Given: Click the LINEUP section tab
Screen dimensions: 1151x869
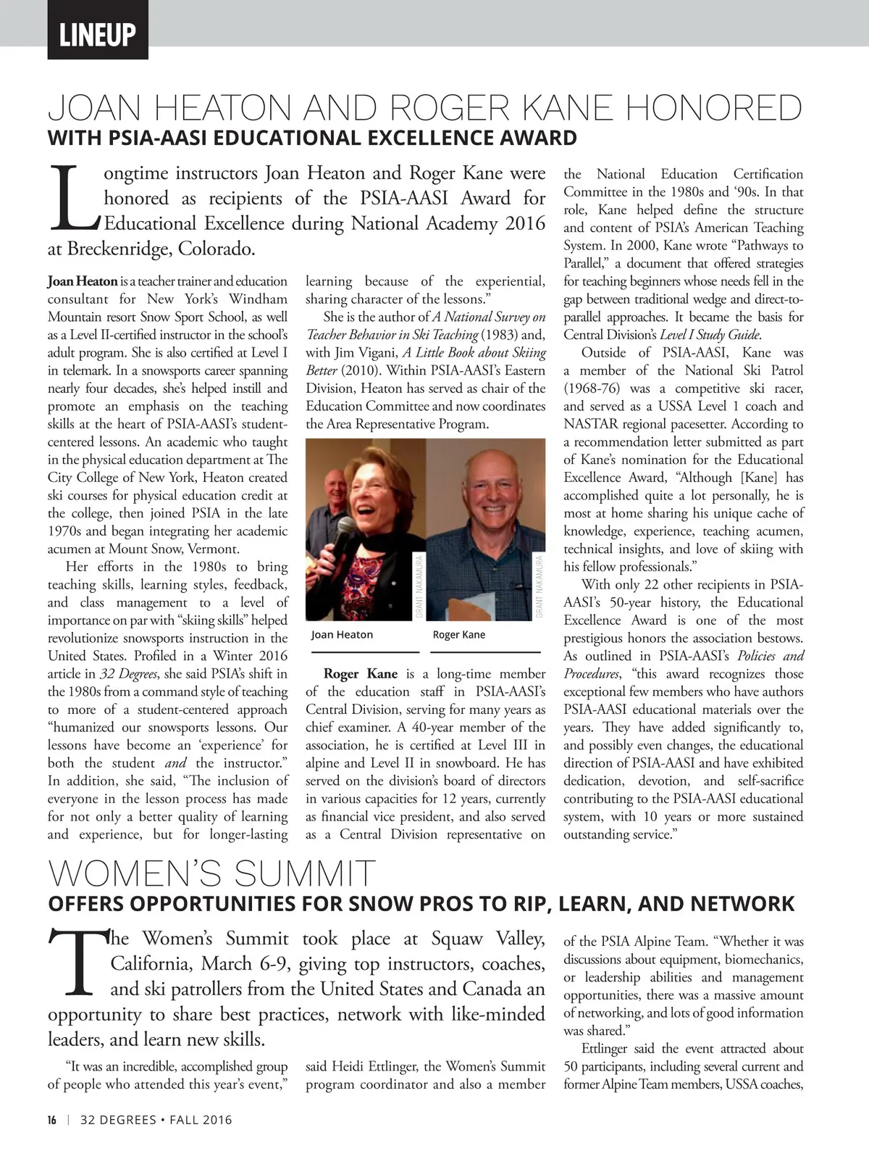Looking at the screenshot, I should [98, 34].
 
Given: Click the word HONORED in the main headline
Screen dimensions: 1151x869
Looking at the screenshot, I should [713, 109].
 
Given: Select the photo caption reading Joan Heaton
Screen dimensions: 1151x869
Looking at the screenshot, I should [342, 635].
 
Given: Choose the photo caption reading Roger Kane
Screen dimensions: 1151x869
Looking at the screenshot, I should [458, 635].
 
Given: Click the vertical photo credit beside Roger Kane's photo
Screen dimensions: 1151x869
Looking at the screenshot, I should [540, 586].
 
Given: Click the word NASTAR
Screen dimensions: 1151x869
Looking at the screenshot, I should [589, 424].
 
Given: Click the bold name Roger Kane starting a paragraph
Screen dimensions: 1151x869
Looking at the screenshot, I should [360, 674].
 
